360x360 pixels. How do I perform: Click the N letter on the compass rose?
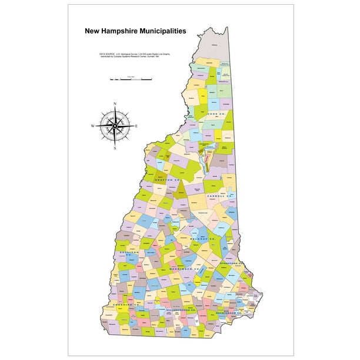click(x=115, y=104)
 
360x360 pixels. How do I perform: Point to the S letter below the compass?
click(x=115, y=148)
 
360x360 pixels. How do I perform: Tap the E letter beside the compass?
click(x=136, y=126)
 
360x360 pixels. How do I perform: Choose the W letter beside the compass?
click(x=92, y=126)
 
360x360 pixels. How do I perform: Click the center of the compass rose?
click(x=115, y=126)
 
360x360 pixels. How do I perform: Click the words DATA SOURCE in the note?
click(x=109, y=54)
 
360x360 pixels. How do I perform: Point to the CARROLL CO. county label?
click(x=219, y=196)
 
